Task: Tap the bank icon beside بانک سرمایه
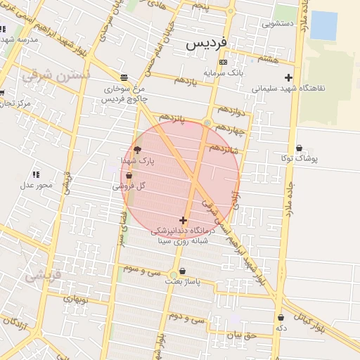[223, 63]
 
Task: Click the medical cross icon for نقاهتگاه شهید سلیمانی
[288, 77]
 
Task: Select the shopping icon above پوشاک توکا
[300, 148]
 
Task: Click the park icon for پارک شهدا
[137, 150]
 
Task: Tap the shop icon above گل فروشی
[128, 176]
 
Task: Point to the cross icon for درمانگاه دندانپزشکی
[184, 220]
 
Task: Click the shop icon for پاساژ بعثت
[183, 271]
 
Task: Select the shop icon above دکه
[281, 318]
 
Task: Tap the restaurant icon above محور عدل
[36, 174]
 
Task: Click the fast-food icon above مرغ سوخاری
[124, 78]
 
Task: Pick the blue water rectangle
[323, 25]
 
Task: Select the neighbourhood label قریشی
[42, 276]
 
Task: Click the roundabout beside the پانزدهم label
[207, 123]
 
